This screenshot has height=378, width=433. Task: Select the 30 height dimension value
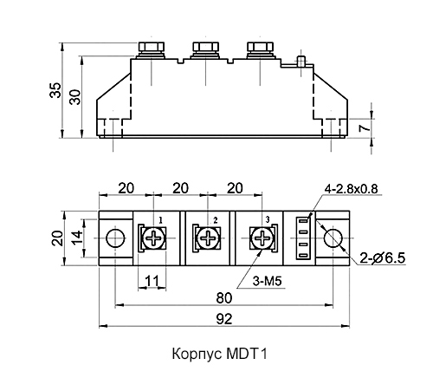point(75,96)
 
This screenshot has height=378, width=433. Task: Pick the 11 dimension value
point(152,281)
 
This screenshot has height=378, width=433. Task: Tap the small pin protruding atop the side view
point(301,61)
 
